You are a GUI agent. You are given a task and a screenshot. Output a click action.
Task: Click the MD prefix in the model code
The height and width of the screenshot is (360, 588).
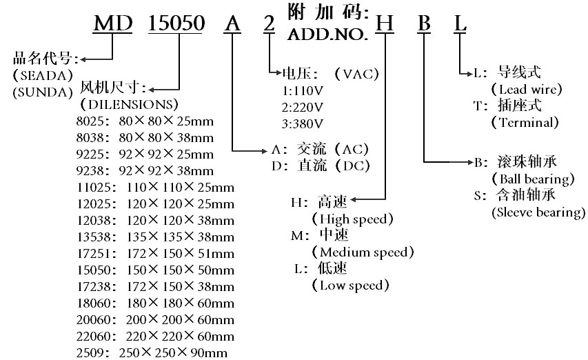pyautogui.click(x=113, y=23)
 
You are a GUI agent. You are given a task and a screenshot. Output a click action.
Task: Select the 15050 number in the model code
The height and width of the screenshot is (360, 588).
pyautogui.click(x=176, y=23)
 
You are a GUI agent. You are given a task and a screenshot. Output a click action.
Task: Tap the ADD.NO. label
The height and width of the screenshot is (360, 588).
pyautogui.click(x=327, y=35)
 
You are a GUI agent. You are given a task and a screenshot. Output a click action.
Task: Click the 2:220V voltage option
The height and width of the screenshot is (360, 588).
pyautogui.click(x=302, y=108)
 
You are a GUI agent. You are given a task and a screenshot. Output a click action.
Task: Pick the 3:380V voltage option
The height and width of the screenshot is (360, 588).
pyautogui.click(x=302, y=124)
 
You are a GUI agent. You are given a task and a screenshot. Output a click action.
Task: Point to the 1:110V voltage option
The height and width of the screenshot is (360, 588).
pyautogui.click(x=302, y=91)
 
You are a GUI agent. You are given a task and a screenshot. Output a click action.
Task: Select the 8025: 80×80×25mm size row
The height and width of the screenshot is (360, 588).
pyautogui.click(x=145, y=121)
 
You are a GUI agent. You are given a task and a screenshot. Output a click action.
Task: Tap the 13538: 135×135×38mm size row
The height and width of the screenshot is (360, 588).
pyautogui.click(x=156, y=237)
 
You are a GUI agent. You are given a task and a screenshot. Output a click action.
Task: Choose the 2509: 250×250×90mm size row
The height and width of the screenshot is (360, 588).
pyautogui.click(x=152, y=353)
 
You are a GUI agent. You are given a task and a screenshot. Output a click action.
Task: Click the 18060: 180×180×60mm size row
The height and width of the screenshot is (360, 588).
pyautogui.click(x=156, y=303)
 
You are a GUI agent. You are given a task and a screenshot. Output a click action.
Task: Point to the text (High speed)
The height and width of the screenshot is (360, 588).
pyautogui.click(x=352, y=219)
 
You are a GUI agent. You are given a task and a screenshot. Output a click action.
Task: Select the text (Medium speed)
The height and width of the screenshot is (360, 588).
pyautogui.click(x=363, y=252)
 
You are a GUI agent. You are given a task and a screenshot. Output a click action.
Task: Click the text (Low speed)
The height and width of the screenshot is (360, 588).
pyautogui.click(x=350, y=286)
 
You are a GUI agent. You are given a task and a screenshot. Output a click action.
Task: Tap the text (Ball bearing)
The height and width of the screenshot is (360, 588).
pyautogui.click(x=534, y=179)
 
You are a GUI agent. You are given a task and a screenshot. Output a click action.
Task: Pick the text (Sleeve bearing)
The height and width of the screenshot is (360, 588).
pyautogui.click(x=538, y=212)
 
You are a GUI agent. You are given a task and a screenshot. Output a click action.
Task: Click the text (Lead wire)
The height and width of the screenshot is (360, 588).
pyautogui.click(x=527, y=89)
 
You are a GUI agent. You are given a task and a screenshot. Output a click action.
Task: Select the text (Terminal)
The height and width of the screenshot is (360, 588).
pyautogui.click(x=525, y=122)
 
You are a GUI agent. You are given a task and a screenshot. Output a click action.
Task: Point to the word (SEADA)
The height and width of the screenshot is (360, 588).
pyautogui.click(x=43, y=76)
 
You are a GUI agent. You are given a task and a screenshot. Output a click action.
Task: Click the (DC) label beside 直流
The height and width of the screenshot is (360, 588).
pyautogui.click(x=352, y=166)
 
